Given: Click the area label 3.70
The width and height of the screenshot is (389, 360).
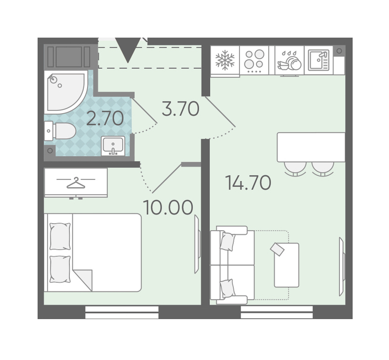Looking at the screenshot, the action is point(180,109).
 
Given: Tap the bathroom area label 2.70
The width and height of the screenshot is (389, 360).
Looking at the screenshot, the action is point(105,118).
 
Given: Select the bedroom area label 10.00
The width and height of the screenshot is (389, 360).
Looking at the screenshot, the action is point(168,208).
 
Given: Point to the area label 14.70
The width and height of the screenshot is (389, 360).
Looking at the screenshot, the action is point(248,183).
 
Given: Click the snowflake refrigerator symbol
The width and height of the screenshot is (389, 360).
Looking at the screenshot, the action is point(225,60).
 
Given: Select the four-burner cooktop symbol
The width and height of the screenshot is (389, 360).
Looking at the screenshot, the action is point(254,60).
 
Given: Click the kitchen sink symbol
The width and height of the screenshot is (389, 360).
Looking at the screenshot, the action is point(319,60).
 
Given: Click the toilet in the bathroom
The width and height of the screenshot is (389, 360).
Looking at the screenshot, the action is point(60,131).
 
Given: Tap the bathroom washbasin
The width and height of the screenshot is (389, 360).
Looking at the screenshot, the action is point(113,146).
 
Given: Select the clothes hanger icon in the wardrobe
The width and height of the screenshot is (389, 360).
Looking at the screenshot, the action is point(76,183).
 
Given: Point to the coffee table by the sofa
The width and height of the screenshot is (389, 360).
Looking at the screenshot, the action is point(287,265).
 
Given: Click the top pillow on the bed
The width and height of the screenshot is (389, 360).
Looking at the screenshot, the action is point(60,236).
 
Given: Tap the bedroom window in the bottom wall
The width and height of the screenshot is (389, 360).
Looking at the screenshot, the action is point(122,312).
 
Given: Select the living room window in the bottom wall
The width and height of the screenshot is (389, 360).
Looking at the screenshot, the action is point(277,312).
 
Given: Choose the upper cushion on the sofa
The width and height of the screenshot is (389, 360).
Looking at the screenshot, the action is point(228,241).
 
